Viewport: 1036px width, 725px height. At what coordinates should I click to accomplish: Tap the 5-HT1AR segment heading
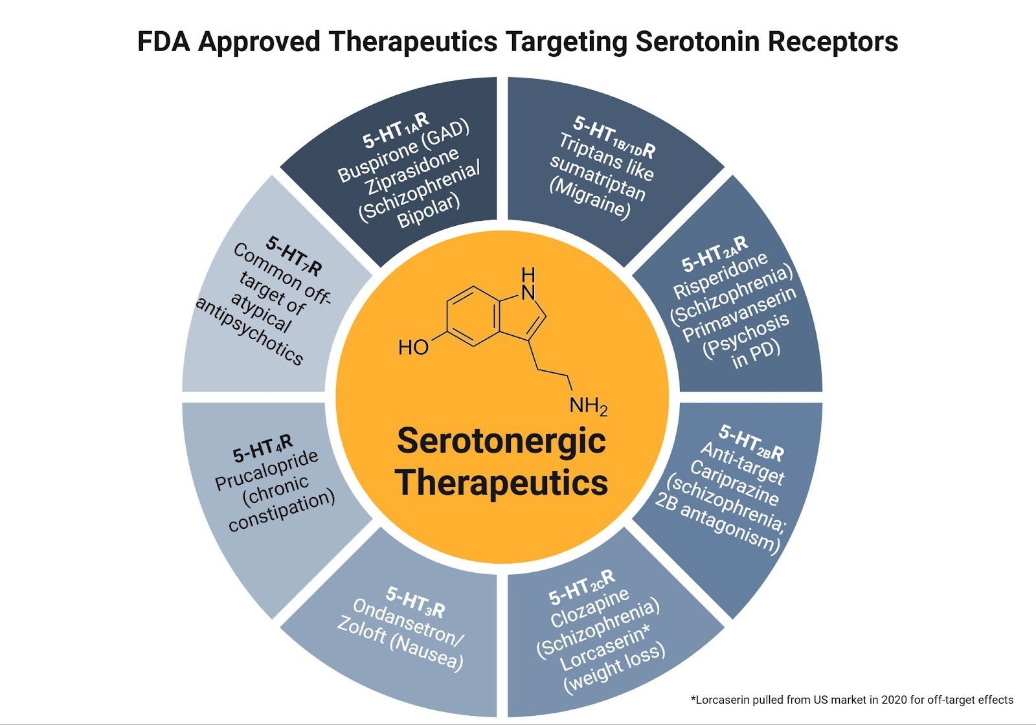[396, 130]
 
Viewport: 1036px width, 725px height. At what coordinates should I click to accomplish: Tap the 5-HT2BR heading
[751, 443]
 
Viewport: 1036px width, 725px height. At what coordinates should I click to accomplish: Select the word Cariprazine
[734, 482]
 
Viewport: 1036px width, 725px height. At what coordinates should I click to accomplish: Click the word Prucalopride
[267, 471]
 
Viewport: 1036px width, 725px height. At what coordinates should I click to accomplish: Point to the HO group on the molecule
[414, 348]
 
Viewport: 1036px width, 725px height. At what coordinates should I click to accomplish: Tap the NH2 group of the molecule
[588, 407]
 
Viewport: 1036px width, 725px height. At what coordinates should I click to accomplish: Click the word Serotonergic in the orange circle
[501, 441]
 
